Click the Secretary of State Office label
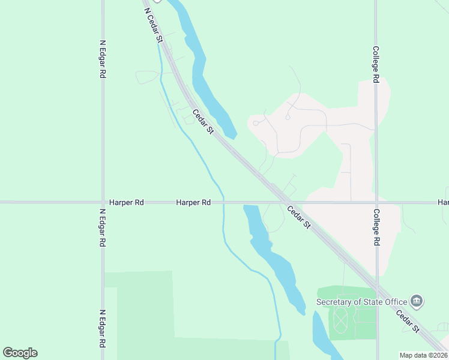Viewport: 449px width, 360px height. [x=362, y=301]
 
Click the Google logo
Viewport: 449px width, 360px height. [x=20, y=352]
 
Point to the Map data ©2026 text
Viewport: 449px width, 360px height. [x=423, y=355]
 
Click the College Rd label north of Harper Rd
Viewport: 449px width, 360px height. [x=376, y=65]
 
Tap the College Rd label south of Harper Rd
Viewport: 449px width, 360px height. [x=376, y=227]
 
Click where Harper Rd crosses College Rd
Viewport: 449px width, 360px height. [x=376, y=202]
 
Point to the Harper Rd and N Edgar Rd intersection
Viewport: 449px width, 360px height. [x=103, y=202]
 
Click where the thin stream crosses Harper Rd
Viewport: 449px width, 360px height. [x=223, y=202]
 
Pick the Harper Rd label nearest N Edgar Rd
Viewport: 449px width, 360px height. [x=126, y=203]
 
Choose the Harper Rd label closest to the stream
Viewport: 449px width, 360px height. [x=193, y=203]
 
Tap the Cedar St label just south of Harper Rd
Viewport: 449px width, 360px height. [x=298, y=217]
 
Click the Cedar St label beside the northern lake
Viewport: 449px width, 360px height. [x=203, y=121]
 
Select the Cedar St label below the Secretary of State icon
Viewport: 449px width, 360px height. [x=408, y=321]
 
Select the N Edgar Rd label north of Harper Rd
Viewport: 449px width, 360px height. [x=103, y=59]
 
